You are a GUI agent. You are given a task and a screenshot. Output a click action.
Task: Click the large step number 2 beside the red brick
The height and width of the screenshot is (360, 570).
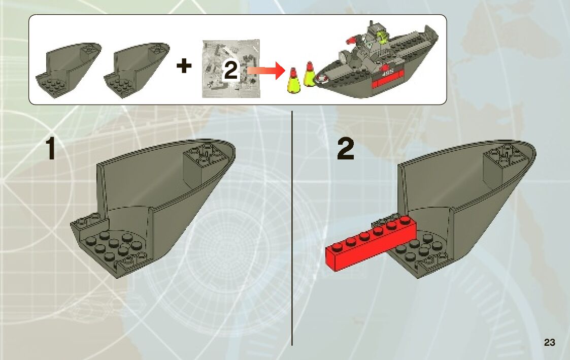click(345, 149)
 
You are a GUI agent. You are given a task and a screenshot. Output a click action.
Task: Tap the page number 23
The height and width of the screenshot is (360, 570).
click(549, 342)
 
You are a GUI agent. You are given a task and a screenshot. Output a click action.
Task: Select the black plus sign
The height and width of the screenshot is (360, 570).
click(184, 66)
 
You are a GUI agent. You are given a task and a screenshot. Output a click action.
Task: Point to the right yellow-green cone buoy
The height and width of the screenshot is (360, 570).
click(309, 75)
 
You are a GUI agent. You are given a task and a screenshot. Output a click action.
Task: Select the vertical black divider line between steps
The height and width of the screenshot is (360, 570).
click(292, 228)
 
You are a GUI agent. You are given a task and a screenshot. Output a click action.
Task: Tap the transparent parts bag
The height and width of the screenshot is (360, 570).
click(231, 69)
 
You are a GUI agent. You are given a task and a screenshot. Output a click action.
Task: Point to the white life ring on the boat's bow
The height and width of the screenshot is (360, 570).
click(322, 78)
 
